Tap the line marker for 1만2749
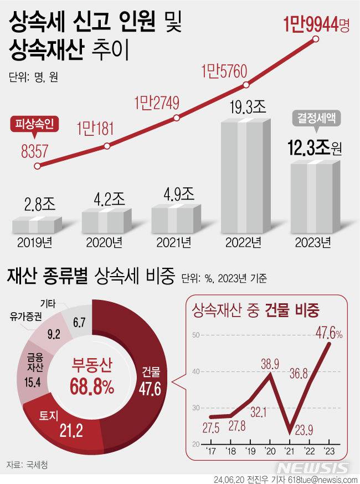point(176,118)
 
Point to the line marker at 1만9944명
point(316,39)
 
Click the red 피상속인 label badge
point(31,126)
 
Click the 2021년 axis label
point(173,242)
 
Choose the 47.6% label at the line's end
point(329,334)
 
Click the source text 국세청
point(37,465)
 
